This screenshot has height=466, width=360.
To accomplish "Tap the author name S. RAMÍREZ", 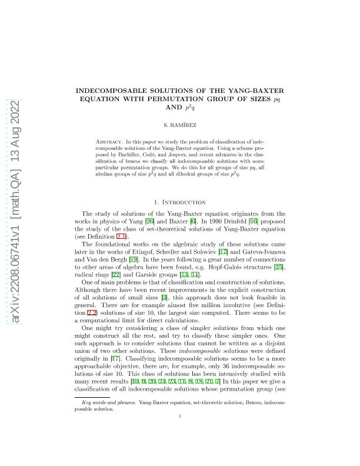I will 180,125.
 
